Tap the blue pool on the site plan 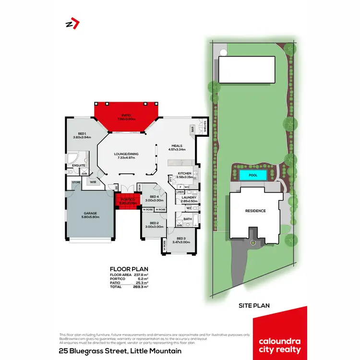pos(252,175)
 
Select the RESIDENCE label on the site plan pos(255,211)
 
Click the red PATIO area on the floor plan pos(126,117)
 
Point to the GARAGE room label pos(90,214)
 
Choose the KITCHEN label pos(184,173)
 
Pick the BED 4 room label pos(154,197)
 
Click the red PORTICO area pos(128,201)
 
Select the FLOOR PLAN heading pos(129,269)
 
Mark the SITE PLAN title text pos(254,305)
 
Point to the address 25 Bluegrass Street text pos(120,351)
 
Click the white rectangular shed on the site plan pos(247,70)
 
